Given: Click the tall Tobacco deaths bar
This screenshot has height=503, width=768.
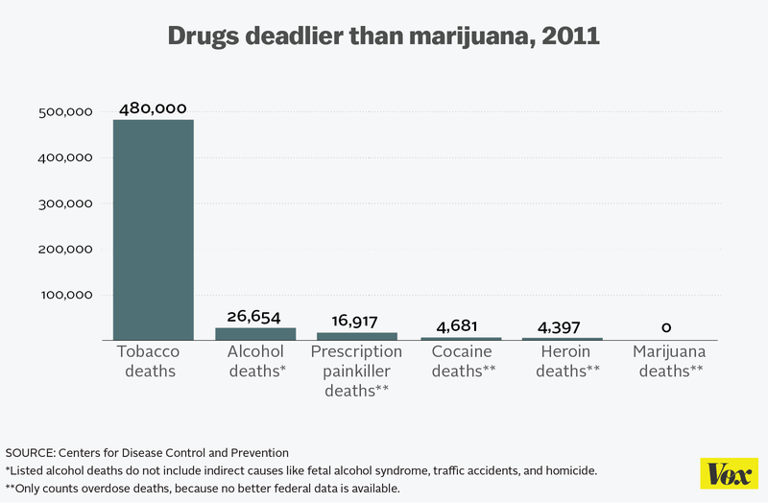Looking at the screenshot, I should point(153,229).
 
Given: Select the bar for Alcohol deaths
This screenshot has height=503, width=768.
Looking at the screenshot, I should point(255,334).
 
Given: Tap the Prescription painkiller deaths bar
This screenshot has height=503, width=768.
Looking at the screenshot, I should point(356,336).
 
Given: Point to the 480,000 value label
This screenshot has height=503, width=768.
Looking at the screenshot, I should point(153,108).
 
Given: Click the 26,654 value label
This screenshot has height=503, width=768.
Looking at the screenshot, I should point(255,316).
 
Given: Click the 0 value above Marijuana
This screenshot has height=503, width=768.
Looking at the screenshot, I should point(666,327).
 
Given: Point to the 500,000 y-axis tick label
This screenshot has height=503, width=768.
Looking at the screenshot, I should point(64,112).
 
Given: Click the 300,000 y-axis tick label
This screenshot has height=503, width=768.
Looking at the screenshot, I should point(64,204).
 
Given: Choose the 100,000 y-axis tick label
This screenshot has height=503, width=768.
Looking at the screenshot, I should point(64,295).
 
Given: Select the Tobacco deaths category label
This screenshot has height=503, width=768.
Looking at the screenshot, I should point(149,361).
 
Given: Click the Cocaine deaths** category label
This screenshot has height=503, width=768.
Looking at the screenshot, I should point(463,361).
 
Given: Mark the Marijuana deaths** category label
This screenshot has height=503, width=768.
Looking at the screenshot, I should point(668,361).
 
